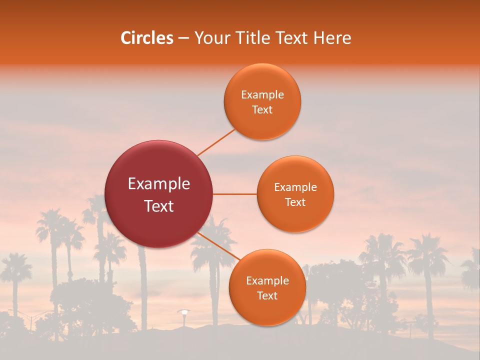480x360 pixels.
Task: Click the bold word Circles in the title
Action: point(147,38)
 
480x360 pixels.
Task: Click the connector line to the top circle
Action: point(216,142)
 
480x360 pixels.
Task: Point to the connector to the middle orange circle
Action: point(235,194)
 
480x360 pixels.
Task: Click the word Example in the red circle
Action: point(159,184)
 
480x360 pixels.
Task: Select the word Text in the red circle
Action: point(159,206)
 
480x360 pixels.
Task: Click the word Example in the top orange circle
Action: point(262,95)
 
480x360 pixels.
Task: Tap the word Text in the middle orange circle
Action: point(295,202)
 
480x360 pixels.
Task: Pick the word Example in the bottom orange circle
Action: point(267,281)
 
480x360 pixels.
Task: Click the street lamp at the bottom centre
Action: point(184,312)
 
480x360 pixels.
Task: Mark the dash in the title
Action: point(183,38)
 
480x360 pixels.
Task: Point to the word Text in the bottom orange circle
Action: point(267,296)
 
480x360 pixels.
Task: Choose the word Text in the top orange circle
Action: point(262,110)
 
